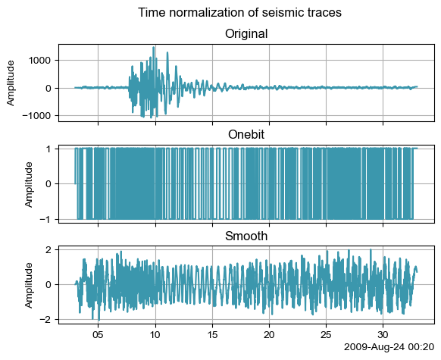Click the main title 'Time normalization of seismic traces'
(x=239, y=13)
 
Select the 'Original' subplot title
(x=246, y=34)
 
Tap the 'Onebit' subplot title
(x=246, y=134)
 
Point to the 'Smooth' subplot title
(x=246, y=236)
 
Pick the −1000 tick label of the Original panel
(x=38, y=116)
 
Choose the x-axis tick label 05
(x=99, y=335)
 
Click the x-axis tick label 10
(x=155, y=335)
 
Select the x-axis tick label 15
(x=212, y=335)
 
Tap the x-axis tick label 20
(x=270, y=335)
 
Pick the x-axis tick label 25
(x=327, y=335)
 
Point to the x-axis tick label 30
(x=383, y=335)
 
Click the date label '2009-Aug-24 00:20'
(x=389, y=347)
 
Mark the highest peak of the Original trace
(x=154, y=47)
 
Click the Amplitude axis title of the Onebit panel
(x=29, y=184)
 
